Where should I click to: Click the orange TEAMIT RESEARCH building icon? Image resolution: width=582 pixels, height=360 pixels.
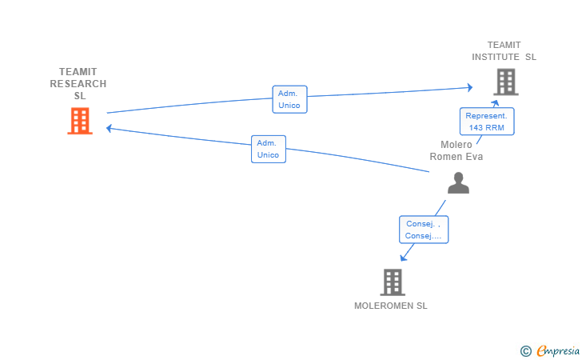point(79,121)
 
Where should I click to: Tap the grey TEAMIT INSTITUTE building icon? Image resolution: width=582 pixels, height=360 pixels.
point(504,82)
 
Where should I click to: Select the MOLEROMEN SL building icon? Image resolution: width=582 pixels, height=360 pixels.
point(391,282)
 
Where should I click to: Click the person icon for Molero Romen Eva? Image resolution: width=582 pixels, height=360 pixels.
point(458,183)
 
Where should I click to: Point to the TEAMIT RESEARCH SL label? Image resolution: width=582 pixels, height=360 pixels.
point(78,83)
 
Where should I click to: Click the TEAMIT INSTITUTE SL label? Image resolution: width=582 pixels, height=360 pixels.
point(504,51)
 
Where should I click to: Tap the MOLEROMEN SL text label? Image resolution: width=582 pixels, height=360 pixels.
point(391,306)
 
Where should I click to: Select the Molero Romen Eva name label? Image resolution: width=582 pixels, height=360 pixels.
point(456,150)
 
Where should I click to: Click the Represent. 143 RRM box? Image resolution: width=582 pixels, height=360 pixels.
point(487,122)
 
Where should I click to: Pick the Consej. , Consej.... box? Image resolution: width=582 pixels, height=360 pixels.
point(424,230)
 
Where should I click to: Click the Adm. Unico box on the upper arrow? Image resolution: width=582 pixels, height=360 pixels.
point(289,99)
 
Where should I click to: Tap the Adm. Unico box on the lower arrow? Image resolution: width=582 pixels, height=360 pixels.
point(269,149)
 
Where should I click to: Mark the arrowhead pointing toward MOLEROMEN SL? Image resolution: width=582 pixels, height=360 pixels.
point(404,257)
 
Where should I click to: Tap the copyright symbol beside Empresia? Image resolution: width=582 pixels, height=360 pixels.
point(525,350)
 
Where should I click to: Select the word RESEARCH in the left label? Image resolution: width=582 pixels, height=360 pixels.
point(78,84)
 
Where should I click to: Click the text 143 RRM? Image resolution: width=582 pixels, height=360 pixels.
point(487,127)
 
